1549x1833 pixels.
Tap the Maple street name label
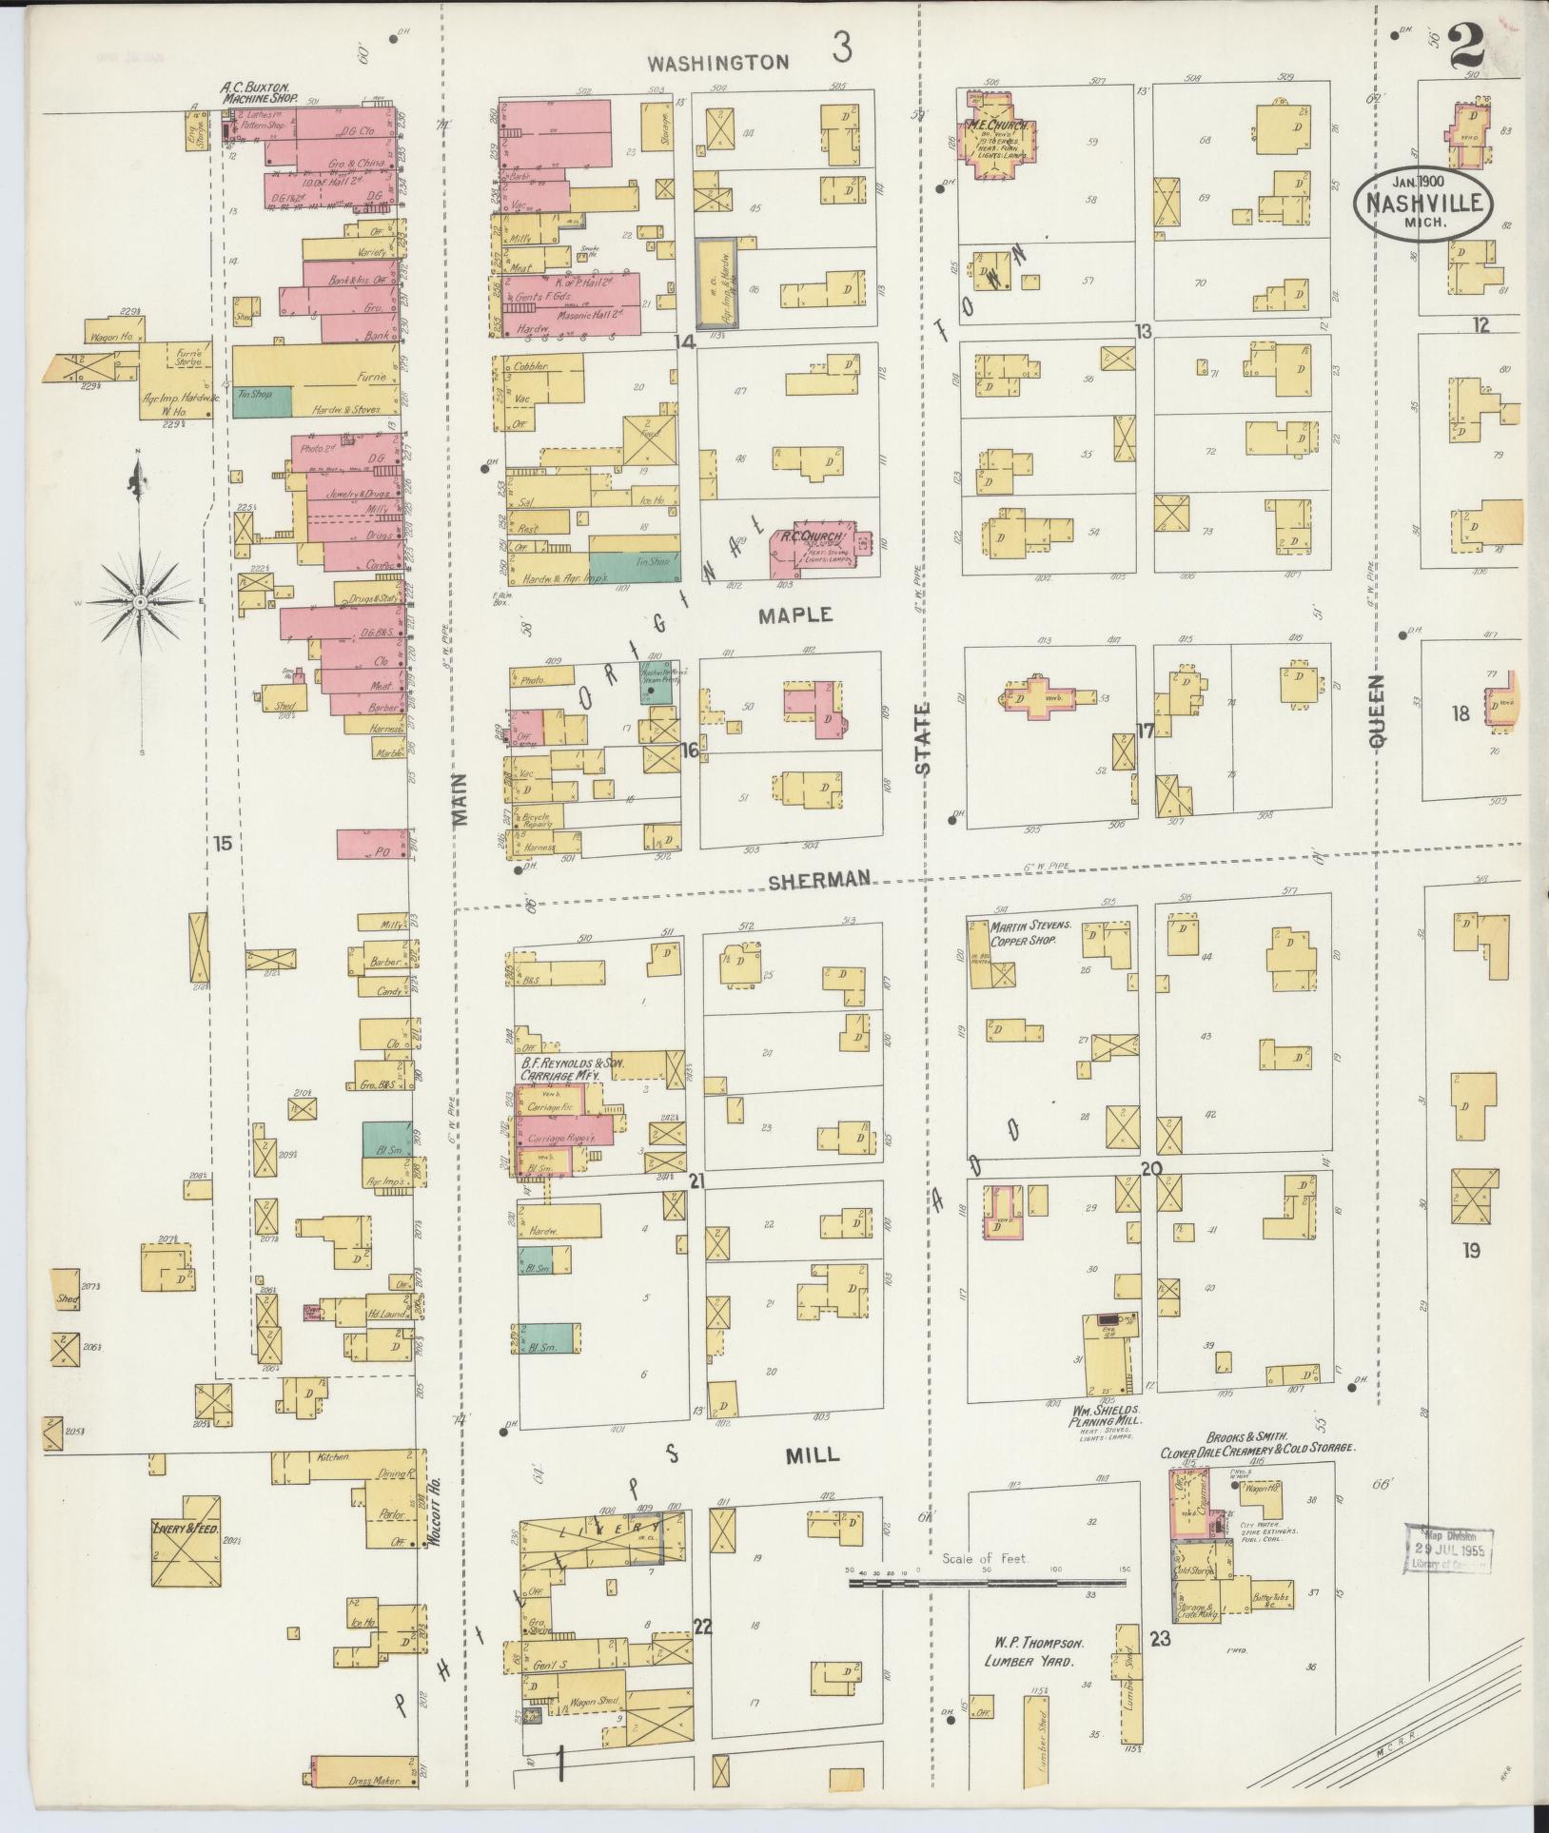pos(794,615)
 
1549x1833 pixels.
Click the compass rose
pos(141,600)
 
